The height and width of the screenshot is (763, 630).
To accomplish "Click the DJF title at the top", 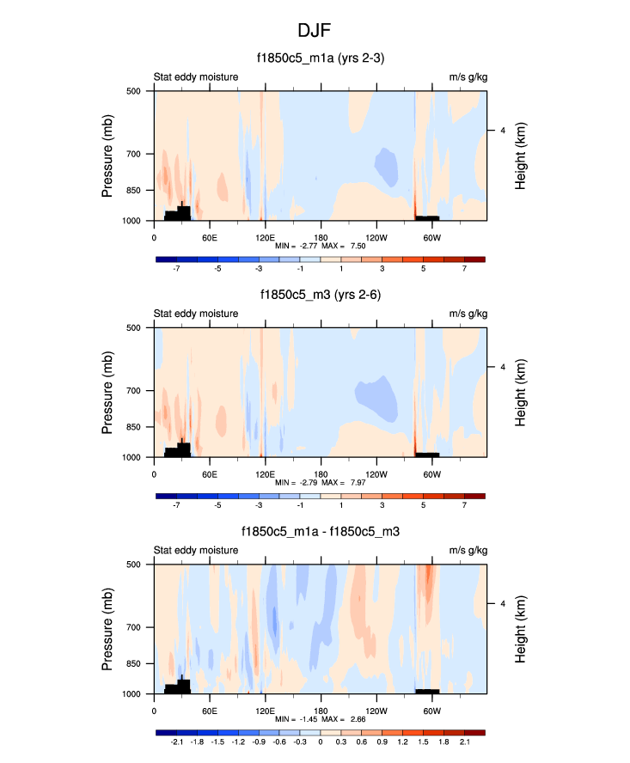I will click(x=315, y=31).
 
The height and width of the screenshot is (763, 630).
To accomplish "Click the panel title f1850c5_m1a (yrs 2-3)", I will click(x=320, y=58).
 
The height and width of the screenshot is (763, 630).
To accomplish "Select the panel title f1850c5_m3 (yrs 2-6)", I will click(x=320, y=295).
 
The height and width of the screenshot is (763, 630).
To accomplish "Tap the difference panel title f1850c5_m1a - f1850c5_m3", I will click(x=320, y=532).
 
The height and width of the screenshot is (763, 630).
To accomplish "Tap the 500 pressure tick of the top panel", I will click(x=134, y=90).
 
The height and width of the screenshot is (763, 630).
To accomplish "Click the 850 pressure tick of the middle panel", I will click(x=134, y=427).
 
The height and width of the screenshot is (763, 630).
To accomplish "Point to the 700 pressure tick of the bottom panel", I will click(x=134, y=628).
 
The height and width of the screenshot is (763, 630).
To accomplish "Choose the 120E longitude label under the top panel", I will click(x=265, y=237).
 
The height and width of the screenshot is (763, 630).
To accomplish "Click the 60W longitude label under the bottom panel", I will click(x=431, y=711).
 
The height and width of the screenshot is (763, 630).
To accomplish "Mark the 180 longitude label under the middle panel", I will click(x=321, y=474).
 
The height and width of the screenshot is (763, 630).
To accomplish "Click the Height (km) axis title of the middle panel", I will click(x=521, y=393).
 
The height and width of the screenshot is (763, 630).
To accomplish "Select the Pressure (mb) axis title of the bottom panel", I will click(x=107, y=628).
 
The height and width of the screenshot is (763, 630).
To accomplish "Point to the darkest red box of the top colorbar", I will click(x=474, y=259).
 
